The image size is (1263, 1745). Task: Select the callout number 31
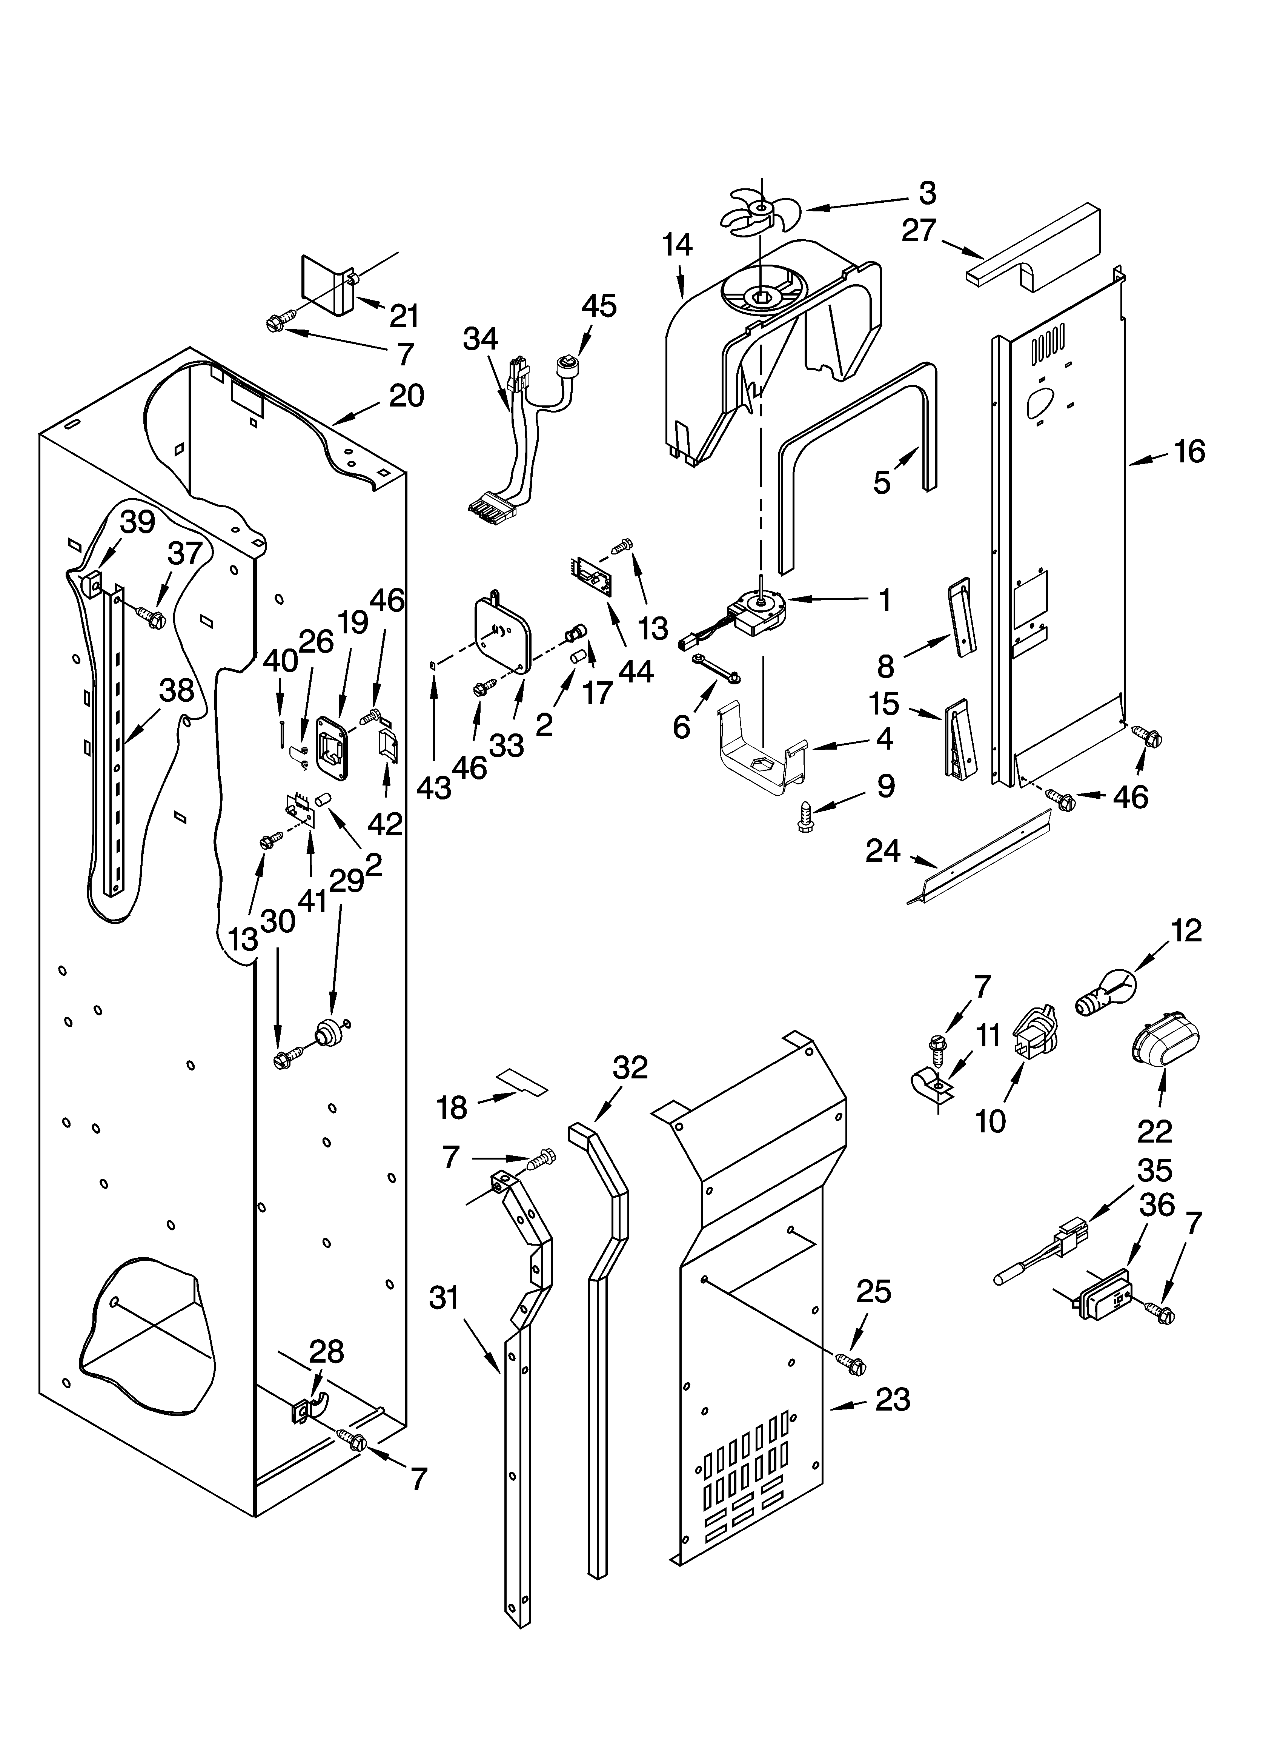click(444, 1299)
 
